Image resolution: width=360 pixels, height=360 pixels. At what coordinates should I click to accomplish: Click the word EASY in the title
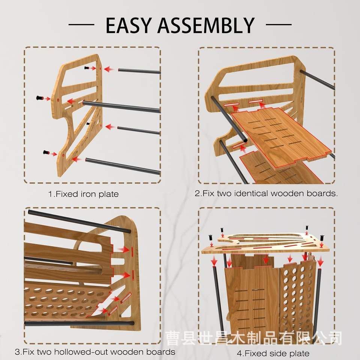(129, 25)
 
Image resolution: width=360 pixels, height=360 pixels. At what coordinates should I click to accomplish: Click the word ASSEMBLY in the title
(206, 25)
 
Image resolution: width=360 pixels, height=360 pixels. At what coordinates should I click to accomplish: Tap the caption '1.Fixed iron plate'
(83, 194)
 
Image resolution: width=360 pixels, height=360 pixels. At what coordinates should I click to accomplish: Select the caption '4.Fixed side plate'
(273, 353)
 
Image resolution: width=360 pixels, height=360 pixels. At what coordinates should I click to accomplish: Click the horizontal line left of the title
(81, 24)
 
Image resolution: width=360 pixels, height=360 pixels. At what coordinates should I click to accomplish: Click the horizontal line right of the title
(279, 24)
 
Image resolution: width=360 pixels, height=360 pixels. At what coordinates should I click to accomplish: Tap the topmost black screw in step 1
(87, 68)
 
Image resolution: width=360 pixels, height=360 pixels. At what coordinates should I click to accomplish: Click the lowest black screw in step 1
(46, 152)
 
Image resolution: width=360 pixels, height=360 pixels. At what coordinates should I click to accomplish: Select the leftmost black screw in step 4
(211, 238)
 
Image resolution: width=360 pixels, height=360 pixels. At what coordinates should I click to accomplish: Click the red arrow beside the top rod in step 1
(109, 69)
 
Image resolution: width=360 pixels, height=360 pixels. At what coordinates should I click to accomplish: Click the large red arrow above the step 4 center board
(266, 259)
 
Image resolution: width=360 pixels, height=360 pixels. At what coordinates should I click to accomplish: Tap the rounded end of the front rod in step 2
(245, 140)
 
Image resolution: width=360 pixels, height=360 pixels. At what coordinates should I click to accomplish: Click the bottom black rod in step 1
(123, 166)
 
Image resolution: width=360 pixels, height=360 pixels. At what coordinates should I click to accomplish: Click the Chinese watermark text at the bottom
(254, 338)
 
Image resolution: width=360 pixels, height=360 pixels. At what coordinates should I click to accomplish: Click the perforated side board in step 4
(297, 296)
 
